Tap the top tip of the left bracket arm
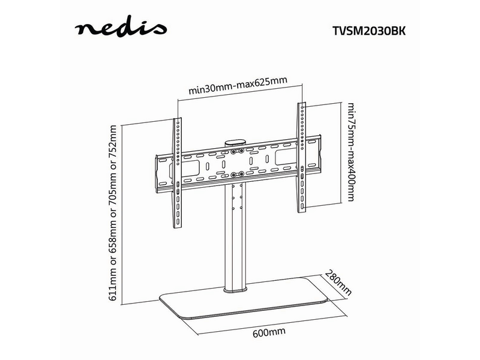177,120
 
